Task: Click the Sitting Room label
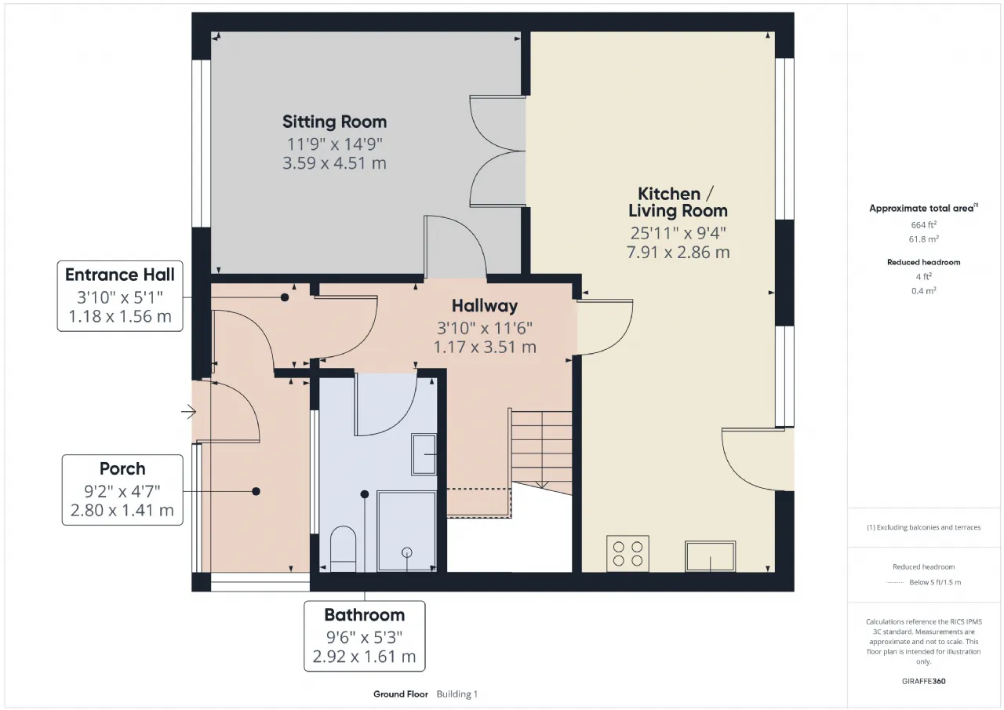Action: (334, 122)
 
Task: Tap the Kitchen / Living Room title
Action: (678, 202)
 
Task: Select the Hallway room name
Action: (485, 306)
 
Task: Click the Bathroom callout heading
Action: (365, 615)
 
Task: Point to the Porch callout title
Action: (122, 469)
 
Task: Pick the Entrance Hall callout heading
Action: (120, 275)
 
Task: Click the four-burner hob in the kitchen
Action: (627, 554)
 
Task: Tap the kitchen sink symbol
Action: (711, 556)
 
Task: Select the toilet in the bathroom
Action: (344, 549)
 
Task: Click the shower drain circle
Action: (407, 552)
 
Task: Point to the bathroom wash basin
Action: (424, 454)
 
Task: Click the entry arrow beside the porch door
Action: (189, 411)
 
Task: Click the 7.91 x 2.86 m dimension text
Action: (678, 253)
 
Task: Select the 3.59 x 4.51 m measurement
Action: (334, 163)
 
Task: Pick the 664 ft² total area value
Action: (924, 224)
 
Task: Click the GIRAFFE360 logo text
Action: (924, 681)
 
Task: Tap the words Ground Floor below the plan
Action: (401, 694)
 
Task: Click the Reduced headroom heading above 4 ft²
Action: (924, 262)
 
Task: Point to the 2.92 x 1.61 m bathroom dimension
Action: (365, 657)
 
